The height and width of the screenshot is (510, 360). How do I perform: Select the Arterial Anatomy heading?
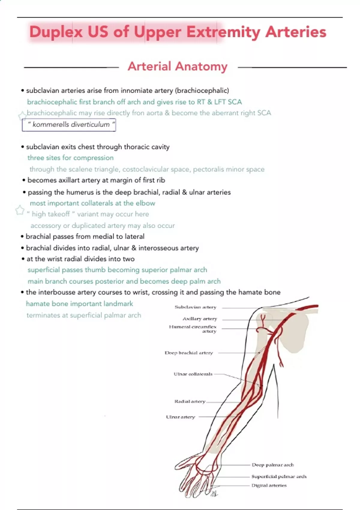pos(177,66)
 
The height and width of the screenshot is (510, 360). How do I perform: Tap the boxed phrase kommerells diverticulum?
pos(69,125)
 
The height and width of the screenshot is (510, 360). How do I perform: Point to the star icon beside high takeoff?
pos(20,211)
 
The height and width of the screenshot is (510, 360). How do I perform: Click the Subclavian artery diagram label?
pos(195,307)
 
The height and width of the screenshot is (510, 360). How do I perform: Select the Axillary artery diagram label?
pos(199,319)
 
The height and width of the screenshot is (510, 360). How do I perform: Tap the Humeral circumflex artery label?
pos(193,329)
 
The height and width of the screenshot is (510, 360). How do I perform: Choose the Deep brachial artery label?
pos(189,353)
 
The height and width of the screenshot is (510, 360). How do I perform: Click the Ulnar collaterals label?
pos(193,374)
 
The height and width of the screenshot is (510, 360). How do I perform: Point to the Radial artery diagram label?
pos(190,401)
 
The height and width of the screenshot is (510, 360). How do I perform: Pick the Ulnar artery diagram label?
pos(180,417)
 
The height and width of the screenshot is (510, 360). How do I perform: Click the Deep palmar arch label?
pos(273,465)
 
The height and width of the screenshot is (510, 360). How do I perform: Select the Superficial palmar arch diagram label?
pos(279,476)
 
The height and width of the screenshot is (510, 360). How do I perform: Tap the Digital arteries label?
pos(269,485)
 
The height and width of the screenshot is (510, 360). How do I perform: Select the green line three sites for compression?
pos(70,158)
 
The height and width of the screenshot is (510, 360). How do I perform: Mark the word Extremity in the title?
pos(223,32)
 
